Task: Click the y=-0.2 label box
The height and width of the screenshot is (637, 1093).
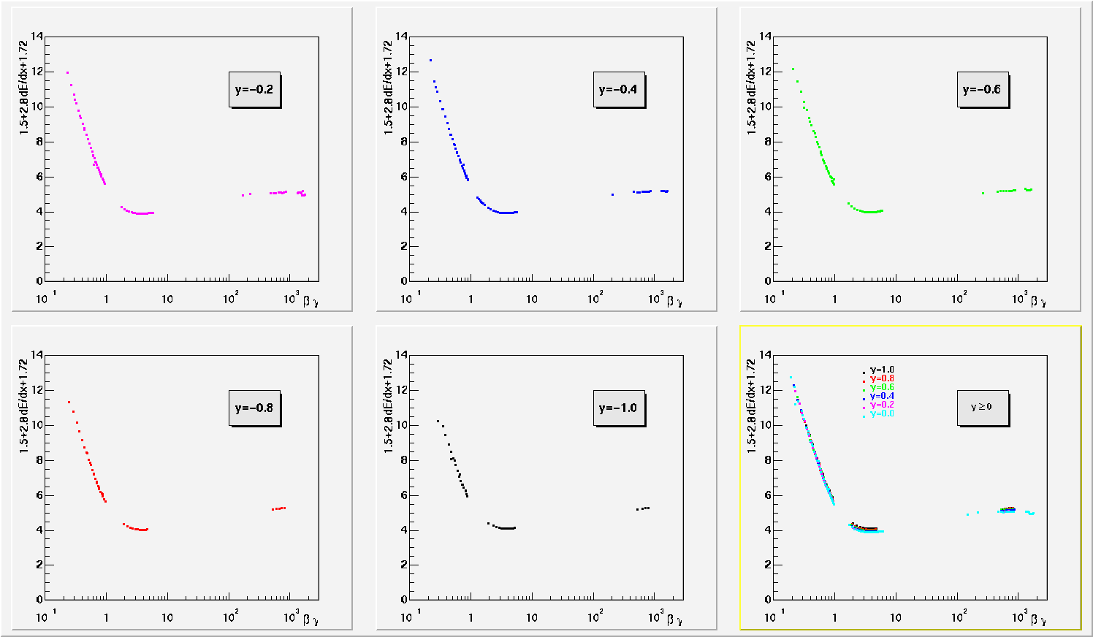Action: click(254, 90)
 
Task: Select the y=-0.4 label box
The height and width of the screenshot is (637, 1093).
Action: click(618, 90)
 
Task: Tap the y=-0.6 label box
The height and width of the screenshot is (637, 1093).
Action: click(982, 90)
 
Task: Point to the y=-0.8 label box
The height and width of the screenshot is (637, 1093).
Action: click(254, 408)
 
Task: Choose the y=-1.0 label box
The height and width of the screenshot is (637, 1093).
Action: click(618, 408)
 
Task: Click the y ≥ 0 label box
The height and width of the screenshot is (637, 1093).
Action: click(982, 408)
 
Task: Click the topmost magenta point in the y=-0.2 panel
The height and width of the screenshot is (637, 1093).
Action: click(68, 72)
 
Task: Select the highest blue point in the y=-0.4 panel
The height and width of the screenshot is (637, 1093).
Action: click(431, 60)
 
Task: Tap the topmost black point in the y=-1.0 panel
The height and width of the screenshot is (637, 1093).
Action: click(438, 421)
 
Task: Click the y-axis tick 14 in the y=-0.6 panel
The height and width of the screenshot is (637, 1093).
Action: click(766, 36)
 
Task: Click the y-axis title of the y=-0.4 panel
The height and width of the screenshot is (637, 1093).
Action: click(388, 88)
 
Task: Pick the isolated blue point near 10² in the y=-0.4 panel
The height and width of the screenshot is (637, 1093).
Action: click(612, 194)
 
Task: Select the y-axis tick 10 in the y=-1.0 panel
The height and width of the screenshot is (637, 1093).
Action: click(401, 425)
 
